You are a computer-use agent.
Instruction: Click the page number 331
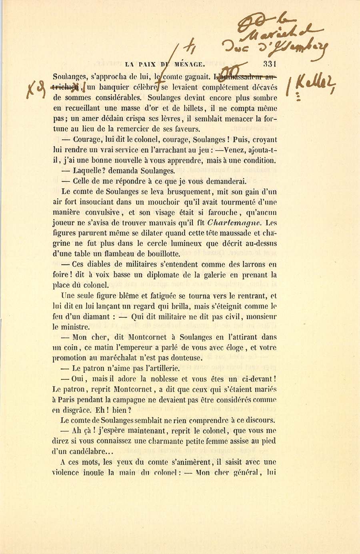[271, 64]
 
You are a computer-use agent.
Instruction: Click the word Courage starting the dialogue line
[88, 140]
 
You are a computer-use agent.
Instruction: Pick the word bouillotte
[160, 254]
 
